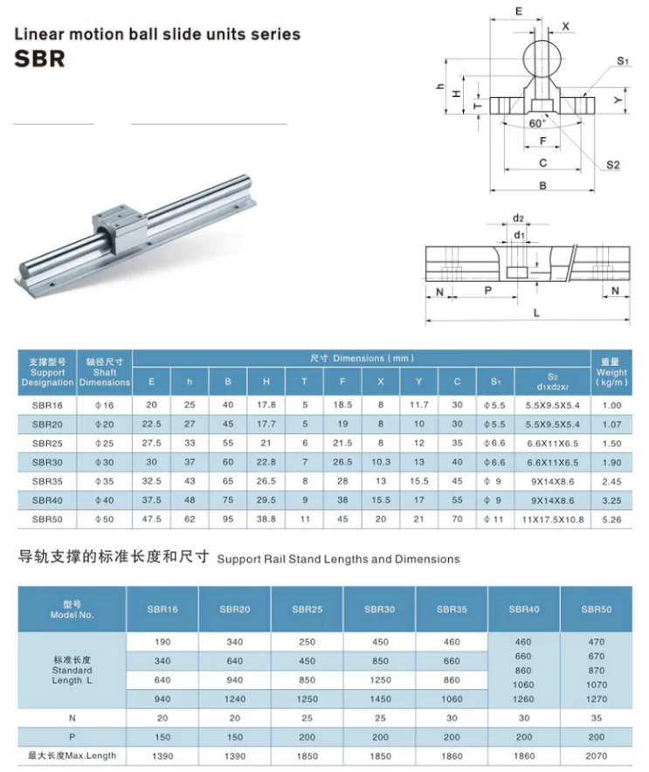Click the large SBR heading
(x=40, y=60)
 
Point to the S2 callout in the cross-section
(x=612, y=165)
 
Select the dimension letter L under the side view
(x=535, y=313)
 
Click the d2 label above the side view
(x=518, y=218)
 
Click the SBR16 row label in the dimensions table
(x=47, y=404)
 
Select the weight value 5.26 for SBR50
(x=611, y=520)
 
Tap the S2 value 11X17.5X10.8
(x=554, y=520)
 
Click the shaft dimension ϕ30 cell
(x=105, y=462)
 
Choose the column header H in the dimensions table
(x=266, y=381)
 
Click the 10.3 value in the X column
(x=380, y=462)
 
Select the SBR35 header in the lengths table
(x=451, y=609)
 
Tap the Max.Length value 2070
(x=597, y=755)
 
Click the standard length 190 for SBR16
(x=162, y=642)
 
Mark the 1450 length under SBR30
(x=378, y=698)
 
